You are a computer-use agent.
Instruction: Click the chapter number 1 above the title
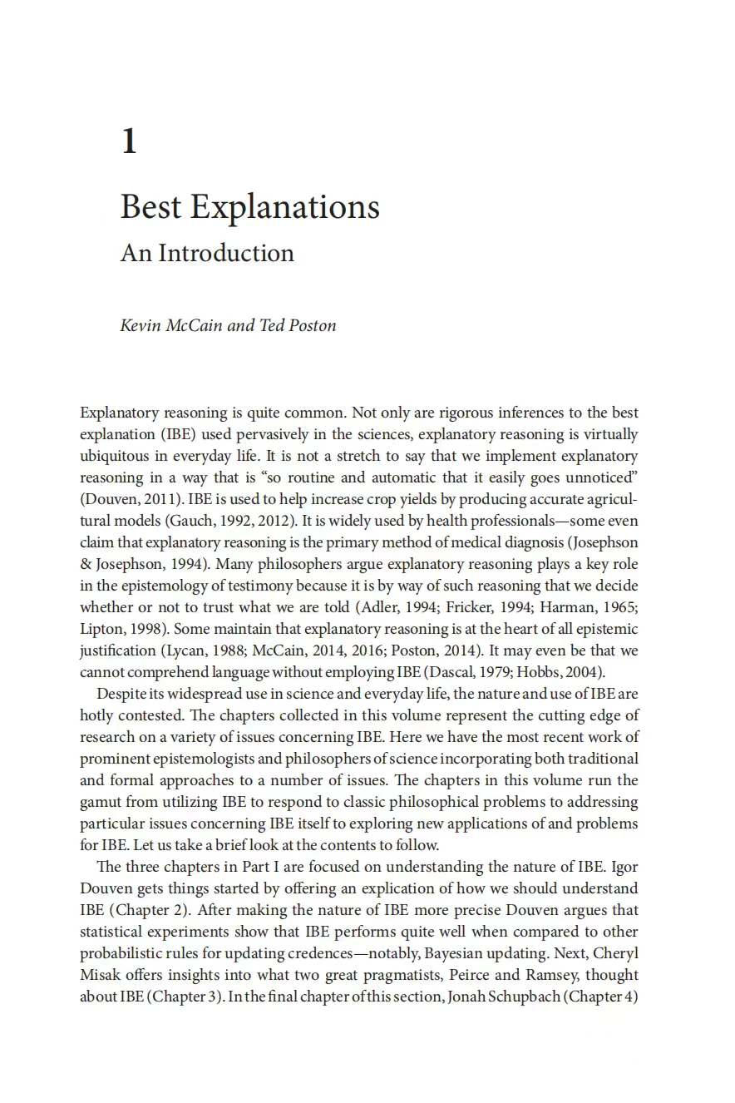[x=129, y=141]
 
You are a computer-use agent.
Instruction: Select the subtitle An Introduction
[x=207, y=253]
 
